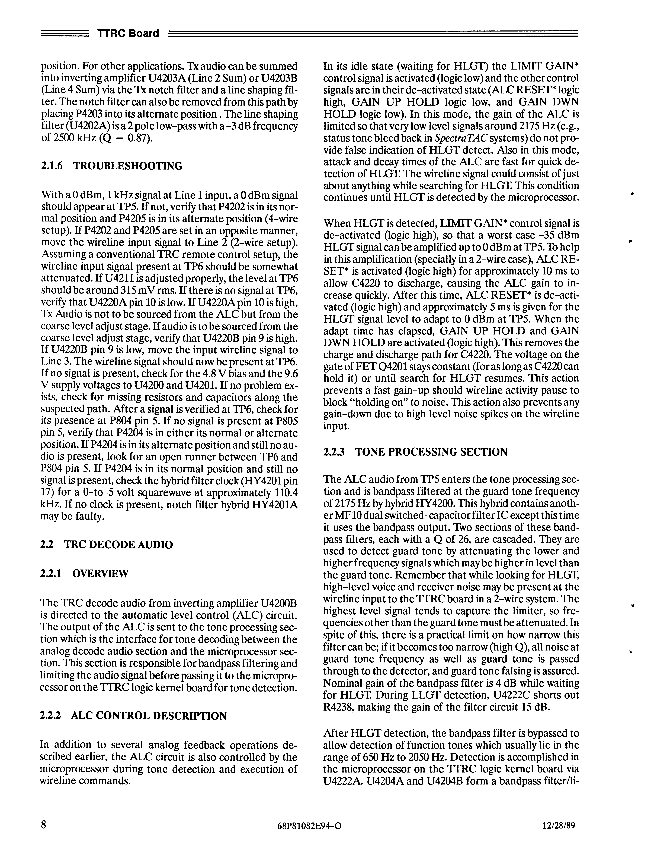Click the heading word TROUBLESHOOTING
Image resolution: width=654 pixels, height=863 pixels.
[128, 166]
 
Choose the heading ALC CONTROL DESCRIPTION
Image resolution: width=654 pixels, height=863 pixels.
[149, 716]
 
